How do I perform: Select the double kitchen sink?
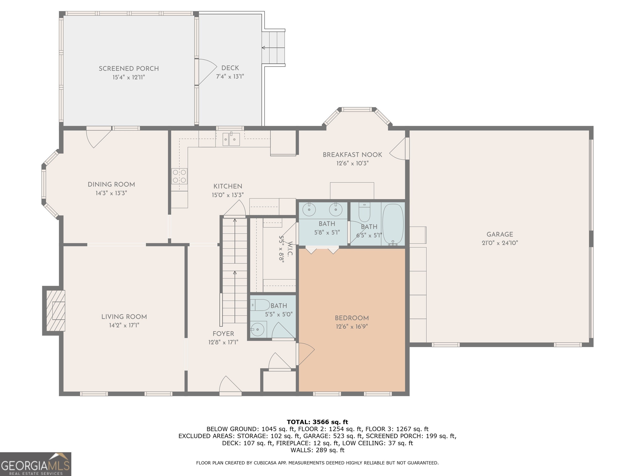click(x=231, y=139)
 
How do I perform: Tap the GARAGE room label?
click(x=500, y=234)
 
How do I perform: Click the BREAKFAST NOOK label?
click(x=352, y=155)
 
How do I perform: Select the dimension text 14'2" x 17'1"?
click(x=124, y=325)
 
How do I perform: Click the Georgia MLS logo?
click(x=36, y=464)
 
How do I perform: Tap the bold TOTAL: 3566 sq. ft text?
click(x=317, y=422)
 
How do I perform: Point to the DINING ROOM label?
click(x=111, y=184)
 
